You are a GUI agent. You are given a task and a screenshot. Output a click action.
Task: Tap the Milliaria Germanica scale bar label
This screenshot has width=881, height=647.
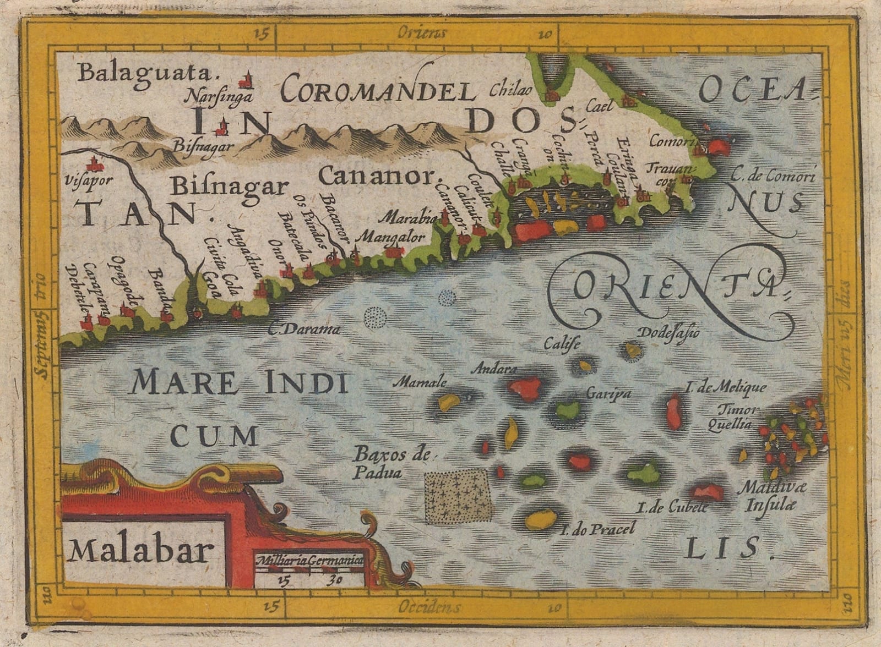pyautogui.click(x=308, y=561)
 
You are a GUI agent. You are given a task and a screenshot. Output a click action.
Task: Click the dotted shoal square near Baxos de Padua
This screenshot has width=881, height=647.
pyautogui.click(x=457, y=495)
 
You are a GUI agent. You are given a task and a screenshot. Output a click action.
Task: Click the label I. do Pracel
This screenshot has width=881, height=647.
pyautogui.click(x=597, y=529)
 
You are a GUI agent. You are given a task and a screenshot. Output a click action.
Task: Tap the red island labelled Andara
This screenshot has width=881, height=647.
pyautogui.click(x=526, y=388)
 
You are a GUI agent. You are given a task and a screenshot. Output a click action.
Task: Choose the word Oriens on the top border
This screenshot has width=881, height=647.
pyautogui.click(x=422, y=32)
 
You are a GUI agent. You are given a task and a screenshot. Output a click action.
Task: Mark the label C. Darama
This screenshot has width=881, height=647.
pyautogui.click(x=304, y=330)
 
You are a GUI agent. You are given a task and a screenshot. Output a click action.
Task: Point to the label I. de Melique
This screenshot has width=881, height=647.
pyautogui.click(x=725, y=388)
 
